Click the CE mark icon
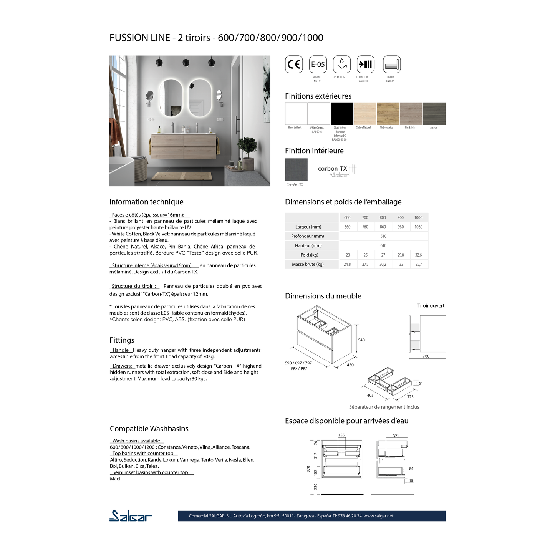pos(294,64)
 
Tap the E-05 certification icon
pos(318,64)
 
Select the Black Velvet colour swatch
pos(342,113)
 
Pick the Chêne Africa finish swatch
pos(388,113)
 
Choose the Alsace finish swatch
pos(434,113)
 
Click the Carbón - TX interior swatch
pos(296,169)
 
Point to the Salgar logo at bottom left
pos(131,516)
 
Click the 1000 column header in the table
pos(418,217)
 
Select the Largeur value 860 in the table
pos(383,227)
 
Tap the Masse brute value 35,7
pos(418,264)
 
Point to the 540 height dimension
pos(361,340)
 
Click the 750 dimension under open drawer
pos(426,356)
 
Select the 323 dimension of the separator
pos(410,397)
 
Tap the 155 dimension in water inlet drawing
pos(341,435)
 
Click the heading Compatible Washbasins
pos(149,429)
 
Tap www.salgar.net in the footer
pos(378,516)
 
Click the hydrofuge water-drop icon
pos(341,64)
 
